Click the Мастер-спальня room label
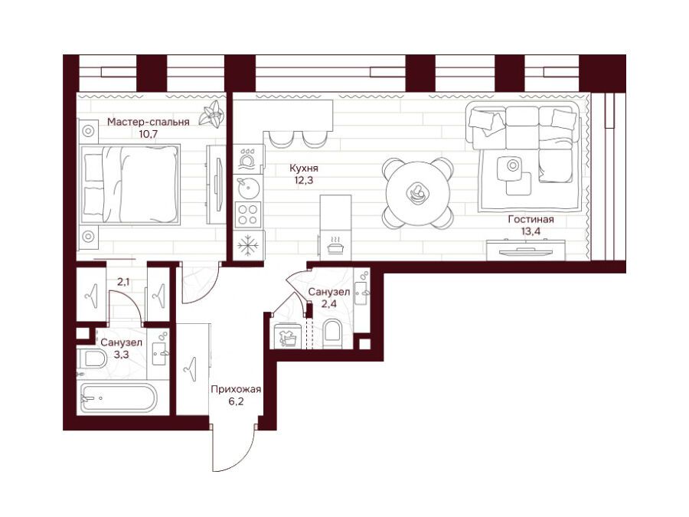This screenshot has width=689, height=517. (x=149, y=122)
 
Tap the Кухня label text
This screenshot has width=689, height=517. (x=304, y=168)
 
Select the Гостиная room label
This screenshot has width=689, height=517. (x=531, y=219)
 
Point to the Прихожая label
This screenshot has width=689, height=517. (x=236, y=389)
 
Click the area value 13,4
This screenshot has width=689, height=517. (x=531, y=231)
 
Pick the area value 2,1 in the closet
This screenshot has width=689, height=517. (x=123, y=282)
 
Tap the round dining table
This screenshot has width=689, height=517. (x=418, y=192)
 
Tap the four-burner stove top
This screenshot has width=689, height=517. (x=248, y=214)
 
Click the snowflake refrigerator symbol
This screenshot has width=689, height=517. (x=249, y=245)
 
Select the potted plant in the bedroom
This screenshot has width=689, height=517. (x=212, y=114)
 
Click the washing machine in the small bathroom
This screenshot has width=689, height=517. (x=287, y=336)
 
